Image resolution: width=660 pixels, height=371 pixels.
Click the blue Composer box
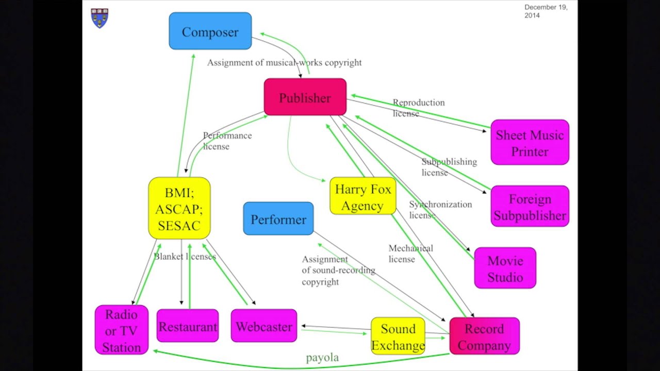pos(210,31)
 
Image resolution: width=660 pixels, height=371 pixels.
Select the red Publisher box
pos(305,97)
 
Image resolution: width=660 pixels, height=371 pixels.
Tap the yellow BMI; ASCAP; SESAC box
pos(179,209)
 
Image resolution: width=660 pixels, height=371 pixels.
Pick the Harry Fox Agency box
pos(362,197)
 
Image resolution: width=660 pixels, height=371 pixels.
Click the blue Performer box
pos(278,219)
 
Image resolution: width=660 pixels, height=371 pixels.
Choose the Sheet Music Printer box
pos(530,143)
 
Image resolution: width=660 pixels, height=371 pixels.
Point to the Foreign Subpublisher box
pos(530,207)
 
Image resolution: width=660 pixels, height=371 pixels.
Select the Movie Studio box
pos(505,268)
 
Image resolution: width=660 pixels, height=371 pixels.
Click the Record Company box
pos(484,336)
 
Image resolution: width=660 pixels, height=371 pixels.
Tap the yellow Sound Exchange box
pos(398,336)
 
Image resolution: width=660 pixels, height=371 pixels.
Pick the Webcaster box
pos(263,326)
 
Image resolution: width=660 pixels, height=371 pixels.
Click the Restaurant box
pos(188,326)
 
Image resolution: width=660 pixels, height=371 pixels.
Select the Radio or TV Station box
pos(121,330)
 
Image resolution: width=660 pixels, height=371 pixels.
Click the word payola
pos(322,357)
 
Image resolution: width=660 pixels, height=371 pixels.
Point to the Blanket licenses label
pos(185,256)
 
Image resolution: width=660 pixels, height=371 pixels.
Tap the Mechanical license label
pos(410,254)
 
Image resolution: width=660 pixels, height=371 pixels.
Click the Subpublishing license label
pos(449,167)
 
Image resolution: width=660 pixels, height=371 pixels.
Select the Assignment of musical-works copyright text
pos(284,62)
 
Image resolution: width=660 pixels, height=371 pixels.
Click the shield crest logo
pos(100,18)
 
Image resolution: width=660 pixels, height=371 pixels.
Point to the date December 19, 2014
pos(546,11)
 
